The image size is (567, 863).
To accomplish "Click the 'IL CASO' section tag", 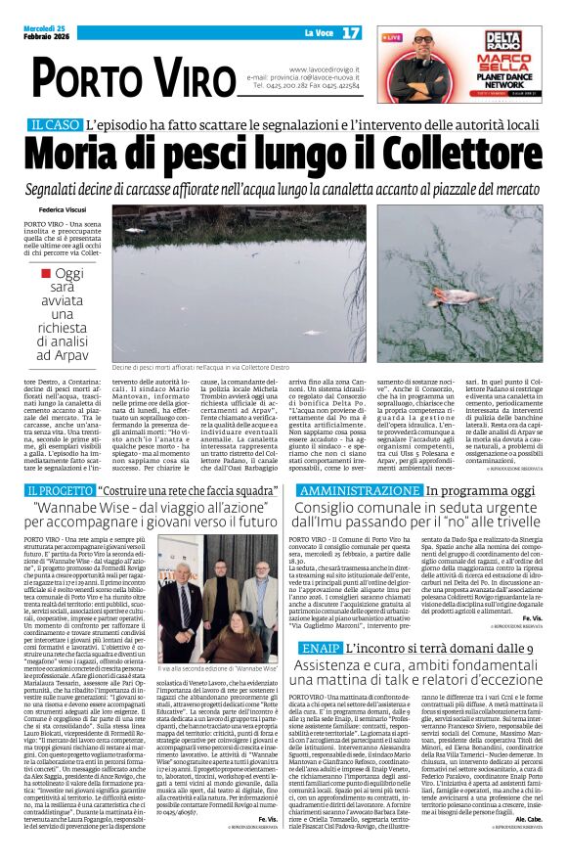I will point(53,125).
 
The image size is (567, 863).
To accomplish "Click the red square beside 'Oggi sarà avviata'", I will point(46,274).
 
